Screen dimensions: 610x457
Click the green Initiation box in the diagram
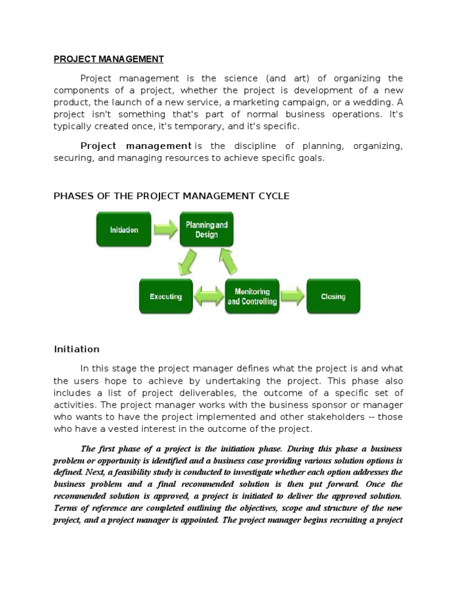124,229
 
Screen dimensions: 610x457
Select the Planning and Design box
206,229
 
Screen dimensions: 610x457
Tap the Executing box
165,296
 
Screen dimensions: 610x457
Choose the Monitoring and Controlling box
252,296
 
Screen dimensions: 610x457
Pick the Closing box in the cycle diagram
333,296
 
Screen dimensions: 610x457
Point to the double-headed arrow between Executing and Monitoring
208,297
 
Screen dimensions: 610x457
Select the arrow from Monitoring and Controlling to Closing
292,296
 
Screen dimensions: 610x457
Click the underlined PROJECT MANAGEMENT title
108,59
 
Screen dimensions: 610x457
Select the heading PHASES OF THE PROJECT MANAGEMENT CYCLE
171,196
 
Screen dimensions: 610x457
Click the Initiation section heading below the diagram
77,349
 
